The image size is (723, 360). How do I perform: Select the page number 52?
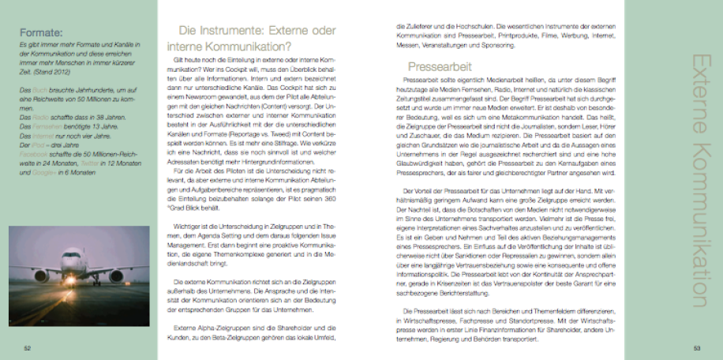click(x=27, y=347)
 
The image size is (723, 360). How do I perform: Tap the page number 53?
click(x=696, y=347)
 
